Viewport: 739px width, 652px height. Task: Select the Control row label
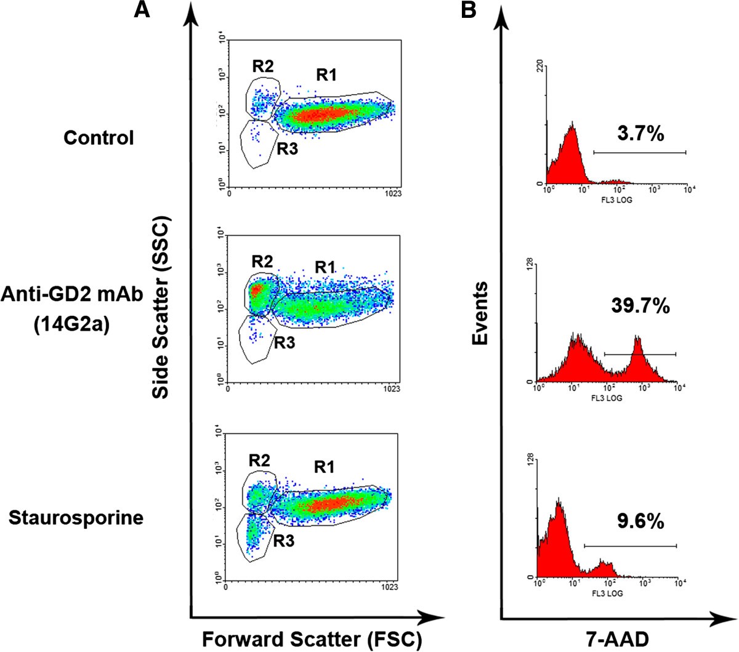99,137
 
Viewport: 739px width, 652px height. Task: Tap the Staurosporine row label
76,517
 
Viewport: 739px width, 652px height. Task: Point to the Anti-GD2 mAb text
72,295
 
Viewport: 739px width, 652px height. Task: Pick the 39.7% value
640,305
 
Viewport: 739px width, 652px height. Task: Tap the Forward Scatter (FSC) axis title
312,640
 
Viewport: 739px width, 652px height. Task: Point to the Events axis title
481,313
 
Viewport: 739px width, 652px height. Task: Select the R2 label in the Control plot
262,66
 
